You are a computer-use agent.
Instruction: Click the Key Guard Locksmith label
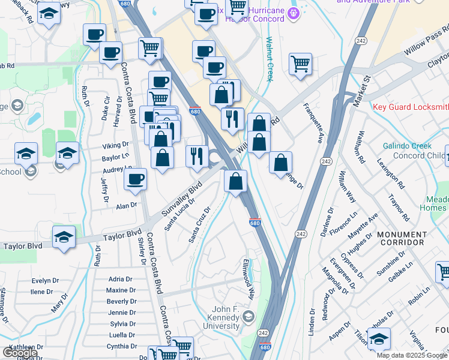(410, 107)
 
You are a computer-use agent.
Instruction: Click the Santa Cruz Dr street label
(200, 226)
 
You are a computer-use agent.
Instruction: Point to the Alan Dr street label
(126, 206)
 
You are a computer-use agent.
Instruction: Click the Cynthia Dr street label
(122, 346)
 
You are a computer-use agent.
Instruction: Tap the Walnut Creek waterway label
(270, 56)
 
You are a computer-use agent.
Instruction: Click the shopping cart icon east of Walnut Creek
(300, 64)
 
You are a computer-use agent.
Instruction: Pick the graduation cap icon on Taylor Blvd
(64, 237)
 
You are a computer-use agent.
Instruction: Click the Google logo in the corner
(20, 353)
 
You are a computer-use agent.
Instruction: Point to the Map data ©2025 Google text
(411, 355)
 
